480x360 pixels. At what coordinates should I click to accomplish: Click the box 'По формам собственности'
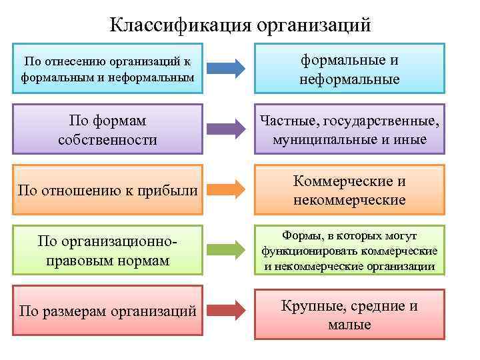pos(108,130)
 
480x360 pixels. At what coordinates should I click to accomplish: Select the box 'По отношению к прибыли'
pos(108,191)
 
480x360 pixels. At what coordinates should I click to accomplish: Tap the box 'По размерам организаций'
pos(108,311)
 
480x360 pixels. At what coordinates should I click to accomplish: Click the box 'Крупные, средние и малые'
pos(349,315)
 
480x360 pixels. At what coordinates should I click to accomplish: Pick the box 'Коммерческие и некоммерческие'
pos(349,190)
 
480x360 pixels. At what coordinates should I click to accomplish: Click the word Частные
pos(285,121)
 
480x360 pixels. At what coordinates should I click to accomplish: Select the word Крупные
pos(307,306)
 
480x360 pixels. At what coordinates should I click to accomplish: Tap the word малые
pos(349,325)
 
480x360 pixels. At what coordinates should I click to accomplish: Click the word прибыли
pos(171,191)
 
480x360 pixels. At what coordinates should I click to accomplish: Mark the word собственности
pos(108,140)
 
